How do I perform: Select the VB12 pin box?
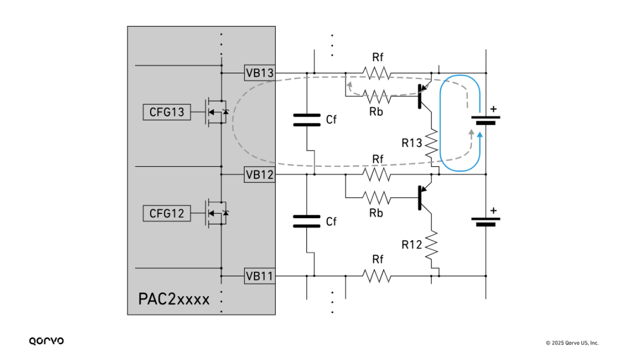(x=260, y=174)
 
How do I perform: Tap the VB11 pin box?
(x=260, y=276)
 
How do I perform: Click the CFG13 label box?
(x=167, y=112)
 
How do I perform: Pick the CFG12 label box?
(x=167, y=213)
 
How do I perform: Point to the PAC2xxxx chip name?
(x=174, y=299)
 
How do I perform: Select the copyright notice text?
(x=572, y=343)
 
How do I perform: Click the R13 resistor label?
(x=412, y=143)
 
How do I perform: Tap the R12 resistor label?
(x=412, y=245)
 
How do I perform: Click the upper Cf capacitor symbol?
(x=306, y=119)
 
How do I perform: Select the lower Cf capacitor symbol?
(x=306, y=221)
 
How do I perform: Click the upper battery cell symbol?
(x=485, y=120)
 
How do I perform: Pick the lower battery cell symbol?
(x=485, y=222)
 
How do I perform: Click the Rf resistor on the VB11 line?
(x=377, y=276)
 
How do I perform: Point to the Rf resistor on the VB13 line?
(x=377, y=73)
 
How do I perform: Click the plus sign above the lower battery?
(x=493, y=211)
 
